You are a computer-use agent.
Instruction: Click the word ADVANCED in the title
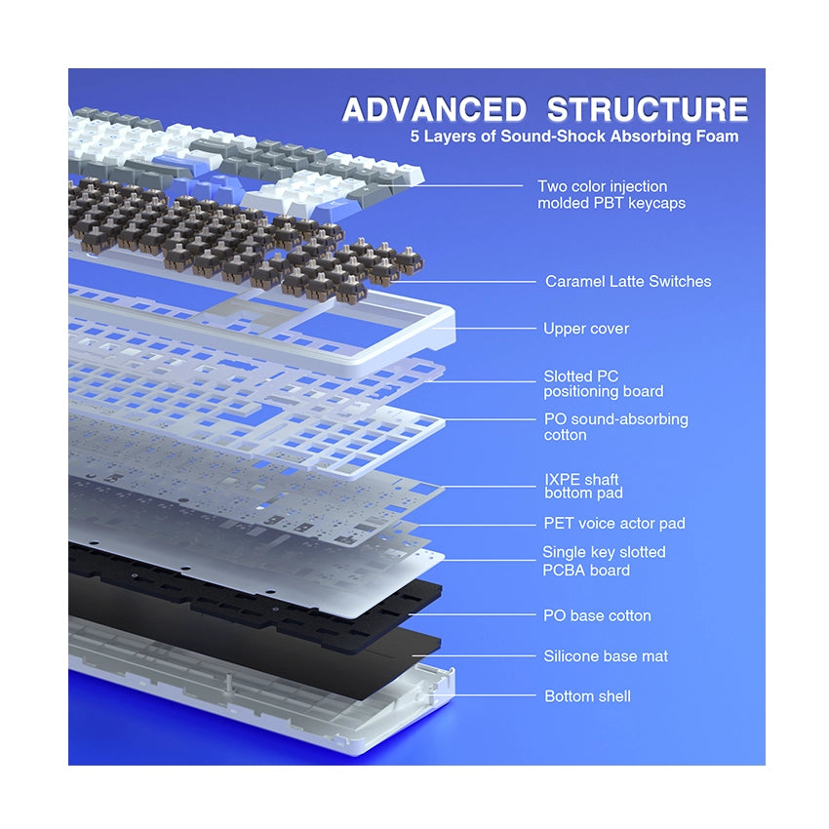point(434,109)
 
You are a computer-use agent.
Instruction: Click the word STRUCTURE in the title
point(648,109)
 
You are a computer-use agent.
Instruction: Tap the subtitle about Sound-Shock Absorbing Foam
point(574,137)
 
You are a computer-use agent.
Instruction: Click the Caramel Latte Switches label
point(628,281)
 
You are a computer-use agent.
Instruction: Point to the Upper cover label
point(586,329)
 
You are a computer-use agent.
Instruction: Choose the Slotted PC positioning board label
point(603,383)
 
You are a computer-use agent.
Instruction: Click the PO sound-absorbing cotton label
point(615,427)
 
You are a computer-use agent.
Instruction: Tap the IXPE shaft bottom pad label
point(582,487)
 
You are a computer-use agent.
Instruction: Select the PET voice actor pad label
point(614,524)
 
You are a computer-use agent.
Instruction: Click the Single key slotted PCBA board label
point(604,561)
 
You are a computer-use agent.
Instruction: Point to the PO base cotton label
point(597,615)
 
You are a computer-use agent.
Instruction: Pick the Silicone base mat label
point(606,656)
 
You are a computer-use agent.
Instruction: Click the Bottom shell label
point(587,696)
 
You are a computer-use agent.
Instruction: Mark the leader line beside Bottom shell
point(493,695)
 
